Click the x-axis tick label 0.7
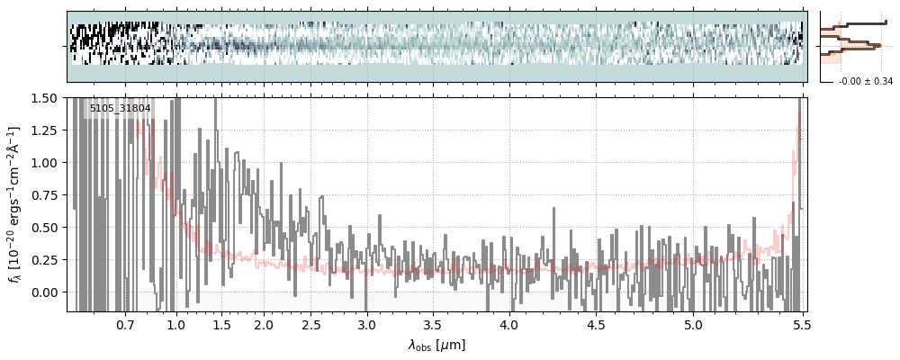point(125,324)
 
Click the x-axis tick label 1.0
point(176,324)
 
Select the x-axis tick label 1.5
point(221,324)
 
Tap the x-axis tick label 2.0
point(264,324)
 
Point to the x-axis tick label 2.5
point(311,324)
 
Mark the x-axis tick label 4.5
point(598,324)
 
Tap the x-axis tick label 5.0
point(693,324)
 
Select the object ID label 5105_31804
point(120,109)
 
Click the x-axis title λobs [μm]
point(436,345)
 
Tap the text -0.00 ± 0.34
point(865,82)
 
